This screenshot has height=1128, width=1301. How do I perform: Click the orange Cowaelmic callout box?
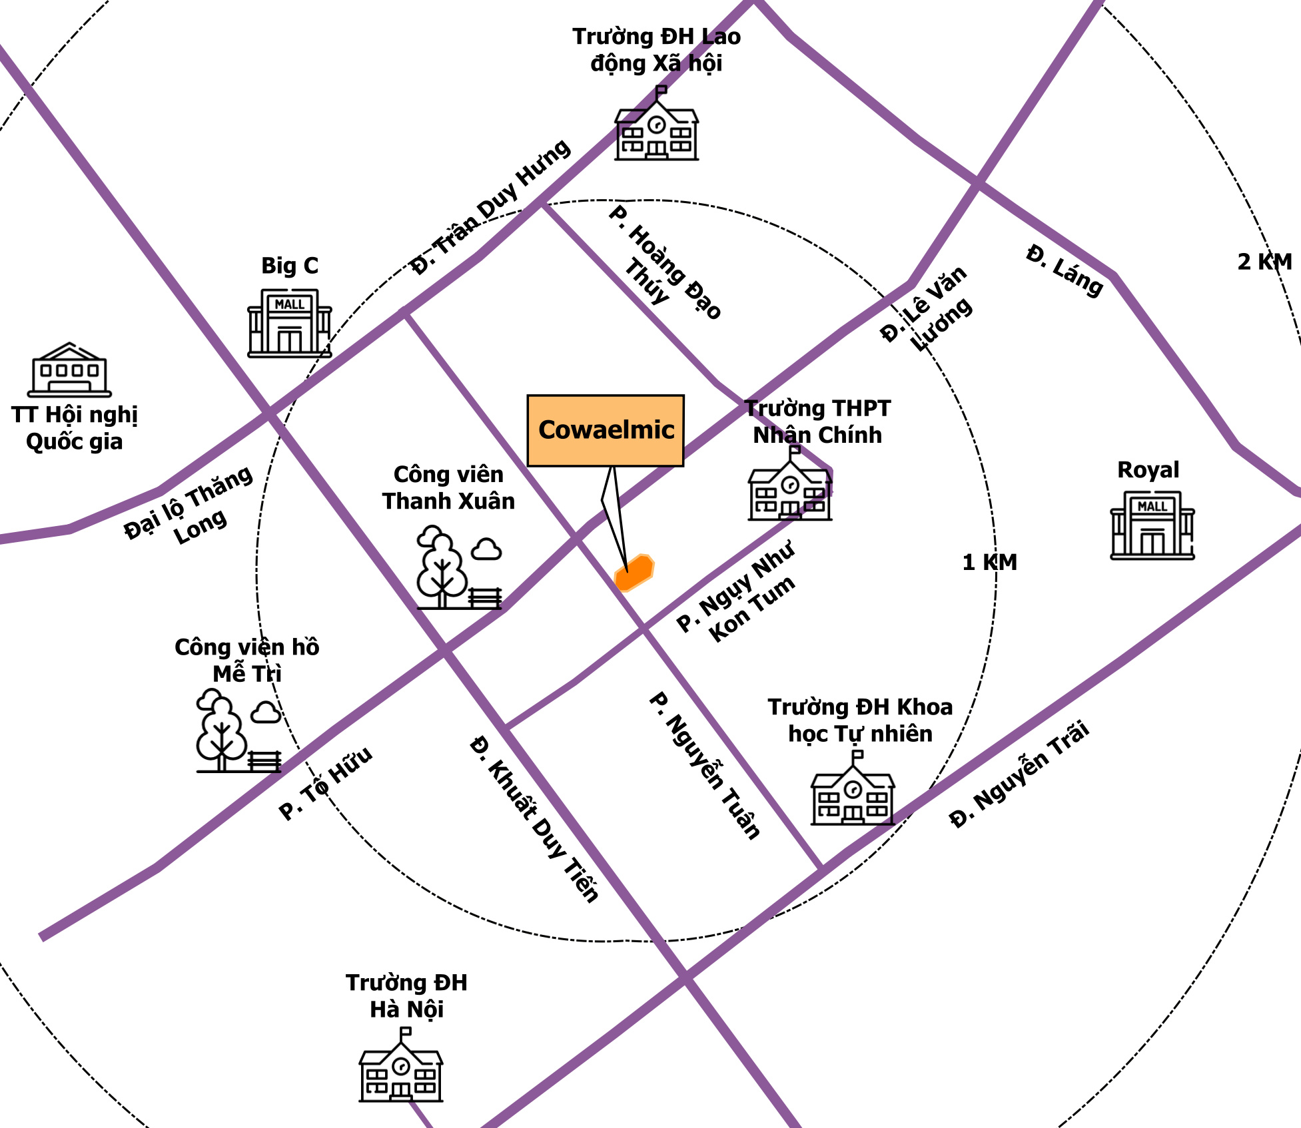tap(605, 430)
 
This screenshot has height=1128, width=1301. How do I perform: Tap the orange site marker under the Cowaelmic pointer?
tap(634, 573)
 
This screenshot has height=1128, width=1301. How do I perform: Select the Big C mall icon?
tap(290, 323)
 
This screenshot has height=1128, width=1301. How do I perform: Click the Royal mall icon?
tap(1152, 525)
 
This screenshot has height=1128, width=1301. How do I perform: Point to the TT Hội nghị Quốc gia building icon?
tap(69, 370)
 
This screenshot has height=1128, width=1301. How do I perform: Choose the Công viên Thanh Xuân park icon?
tap(459, 567)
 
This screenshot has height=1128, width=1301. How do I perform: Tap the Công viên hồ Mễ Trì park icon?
tap(238, 731)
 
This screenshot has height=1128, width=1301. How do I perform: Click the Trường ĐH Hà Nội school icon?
tap(401, 1065)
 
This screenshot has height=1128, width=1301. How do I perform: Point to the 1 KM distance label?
tap(990, 563)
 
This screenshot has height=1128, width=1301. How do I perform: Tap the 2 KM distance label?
tap(1265, 262)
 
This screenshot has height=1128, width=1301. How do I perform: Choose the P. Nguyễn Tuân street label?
tap(705, 766)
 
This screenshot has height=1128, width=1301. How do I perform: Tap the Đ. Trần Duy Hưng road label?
tap(490, 207)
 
